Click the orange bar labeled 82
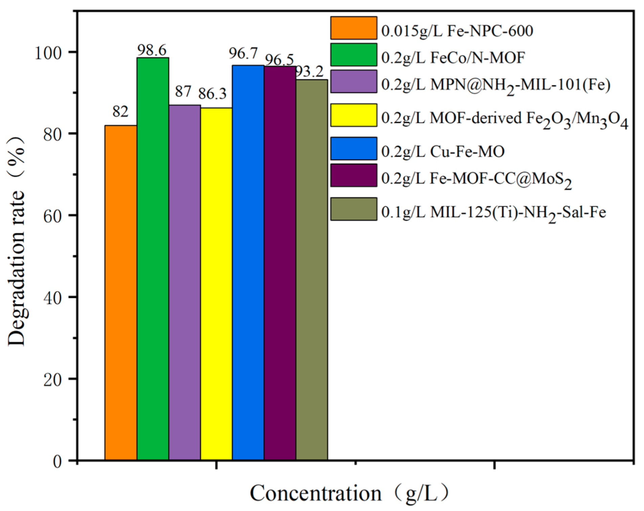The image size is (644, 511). tap(121, 293)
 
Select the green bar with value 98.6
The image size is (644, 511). tap(153, 259)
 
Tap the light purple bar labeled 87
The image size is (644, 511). tap(184, 282)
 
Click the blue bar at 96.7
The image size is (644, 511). tap(248, 262)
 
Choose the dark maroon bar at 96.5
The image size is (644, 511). tap(280, 263)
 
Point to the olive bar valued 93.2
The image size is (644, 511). tap(312, 270)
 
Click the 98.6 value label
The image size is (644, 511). tap(152, 50)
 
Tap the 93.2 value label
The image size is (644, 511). tap(310, 71)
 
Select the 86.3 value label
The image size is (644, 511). tap(212, 94)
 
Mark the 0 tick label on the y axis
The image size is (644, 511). tap(58, 461)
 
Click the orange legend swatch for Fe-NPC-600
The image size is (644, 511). tap(353, 28)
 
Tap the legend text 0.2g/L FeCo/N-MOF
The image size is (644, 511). tap(453, 58)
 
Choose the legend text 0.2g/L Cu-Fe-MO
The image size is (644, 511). tap(443, 151)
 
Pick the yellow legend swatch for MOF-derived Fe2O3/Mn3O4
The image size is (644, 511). tap(353, 115)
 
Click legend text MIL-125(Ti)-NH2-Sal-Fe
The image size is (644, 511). tap(493, 213)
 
